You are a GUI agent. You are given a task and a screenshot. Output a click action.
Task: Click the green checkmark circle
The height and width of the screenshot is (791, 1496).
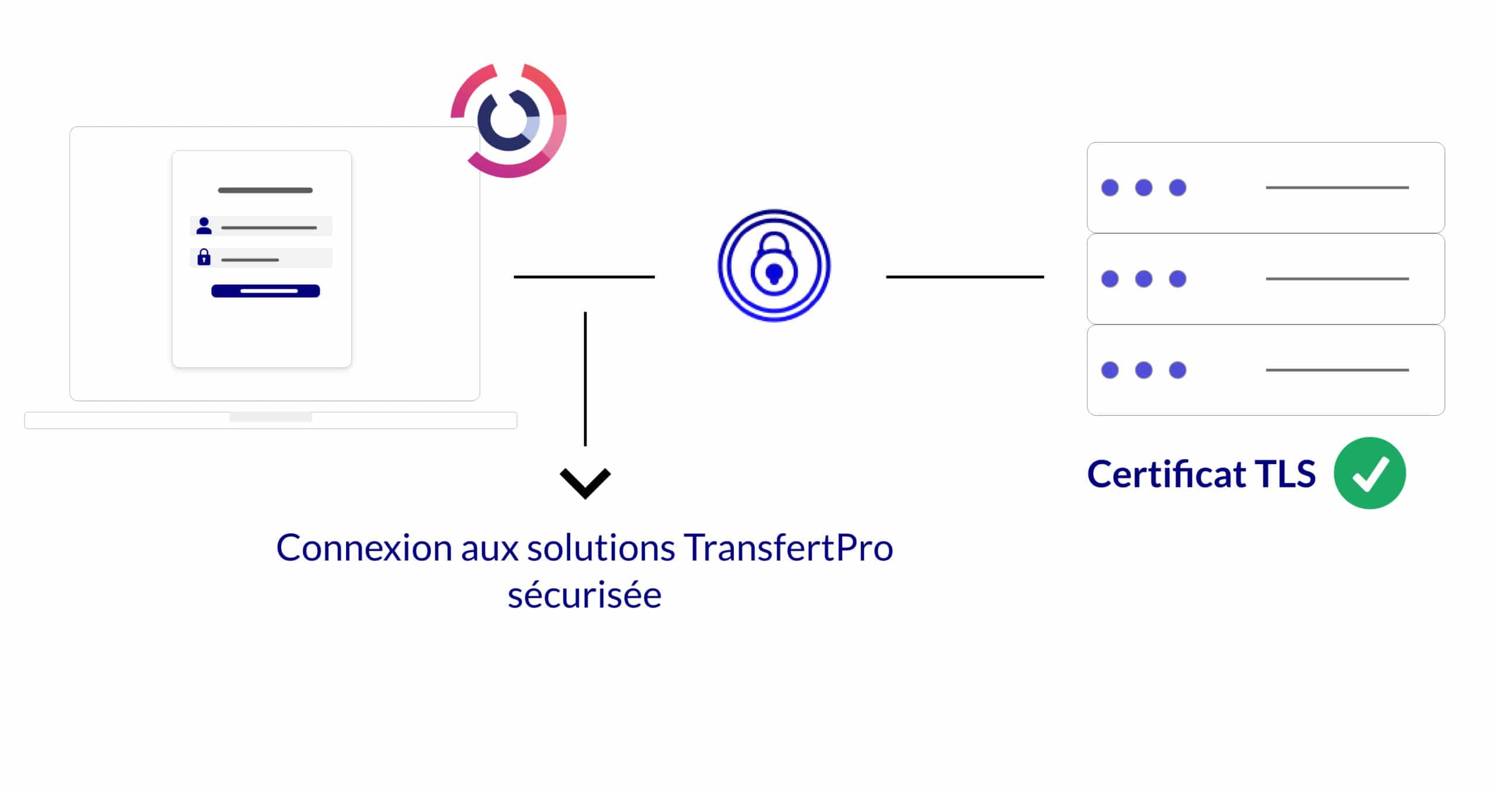(1369, 473)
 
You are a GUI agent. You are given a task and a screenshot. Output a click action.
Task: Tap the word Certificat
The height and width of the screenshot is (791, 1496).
(1166, 474)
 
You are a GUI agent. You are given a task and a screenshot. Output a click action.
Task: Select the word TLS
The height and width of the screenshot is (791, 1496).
(1285, 474)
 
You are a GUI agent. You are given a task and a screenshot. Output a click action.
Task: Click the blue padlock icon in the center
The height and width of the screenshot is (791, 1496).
(774, 265)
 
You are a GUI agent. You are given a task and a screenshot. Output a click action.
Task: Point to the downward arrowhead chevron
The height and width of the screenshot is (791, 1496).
(585, 482)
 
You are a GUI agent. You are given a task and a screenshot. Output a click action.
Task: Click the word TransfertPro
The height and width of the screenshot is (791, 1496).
(788, 548)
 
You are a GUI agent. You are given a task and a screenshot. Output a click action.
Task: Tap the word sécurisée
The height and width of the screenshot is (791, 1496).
(584, 596)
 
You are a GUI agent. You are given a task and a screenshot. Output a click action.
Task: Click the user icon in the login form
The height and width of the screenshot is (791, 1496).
(204, 226)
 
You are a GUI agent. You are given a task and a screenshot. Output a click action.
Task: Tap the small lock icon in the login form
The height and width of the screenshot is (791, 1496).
(204, 257)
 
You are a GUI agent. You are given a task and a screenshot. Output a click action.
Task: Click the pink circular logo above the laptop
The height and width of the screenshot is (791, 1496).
(509, 120)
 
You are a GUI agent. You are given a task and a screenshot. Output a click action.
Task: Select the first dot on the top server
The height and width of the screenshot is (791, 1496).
(1110, 188)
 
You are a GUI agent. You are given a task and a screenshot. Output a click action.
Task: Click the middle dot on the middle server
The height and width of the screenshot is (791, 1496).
(1144, 279)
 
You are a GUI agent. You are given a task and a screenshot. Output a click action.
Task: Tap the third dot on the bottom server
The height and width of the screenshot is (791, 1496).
(1178, 370)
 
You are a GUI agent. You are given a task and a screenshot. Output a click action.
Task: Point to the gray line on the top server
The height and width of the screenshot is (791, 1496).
(1337, 188)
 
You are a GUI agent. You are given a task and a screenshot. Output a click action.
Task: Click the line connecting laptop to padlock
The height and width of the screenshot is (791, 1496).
(584, 277)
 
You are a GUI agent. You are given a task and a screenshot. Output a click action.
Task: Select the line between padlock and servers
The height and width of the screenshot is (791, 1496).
(965, 277)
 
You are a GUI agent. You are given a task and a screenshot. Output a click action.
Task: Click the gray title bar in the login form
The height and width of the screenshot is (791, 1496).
(265, 191)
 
